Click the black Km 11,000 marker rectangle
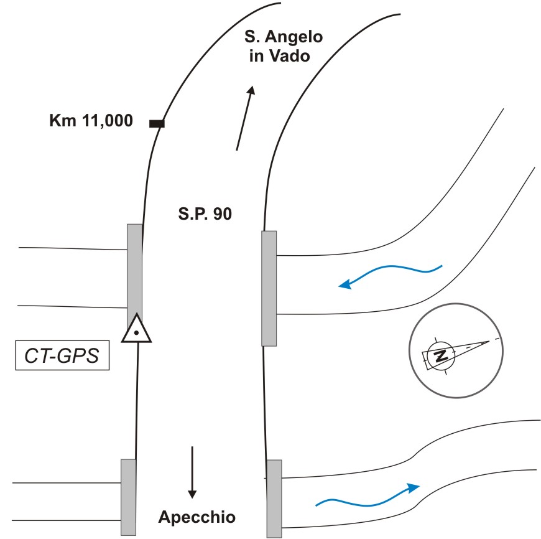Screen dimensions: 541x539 157,124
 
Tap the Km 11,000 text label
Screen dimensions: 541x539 91,121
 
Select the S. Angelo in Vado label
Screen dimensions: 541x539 283,47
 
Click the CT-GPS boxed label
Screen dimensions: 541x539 62,357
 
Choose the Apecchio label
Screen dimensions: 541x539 197,517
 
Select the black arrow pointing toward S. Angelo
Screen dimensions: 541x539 244,118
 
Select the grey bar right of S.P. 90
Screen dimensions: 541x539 269,288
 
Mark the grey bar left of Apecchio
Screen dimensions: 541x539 128,497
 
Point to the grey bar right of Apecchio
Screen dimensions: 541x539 274,498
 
